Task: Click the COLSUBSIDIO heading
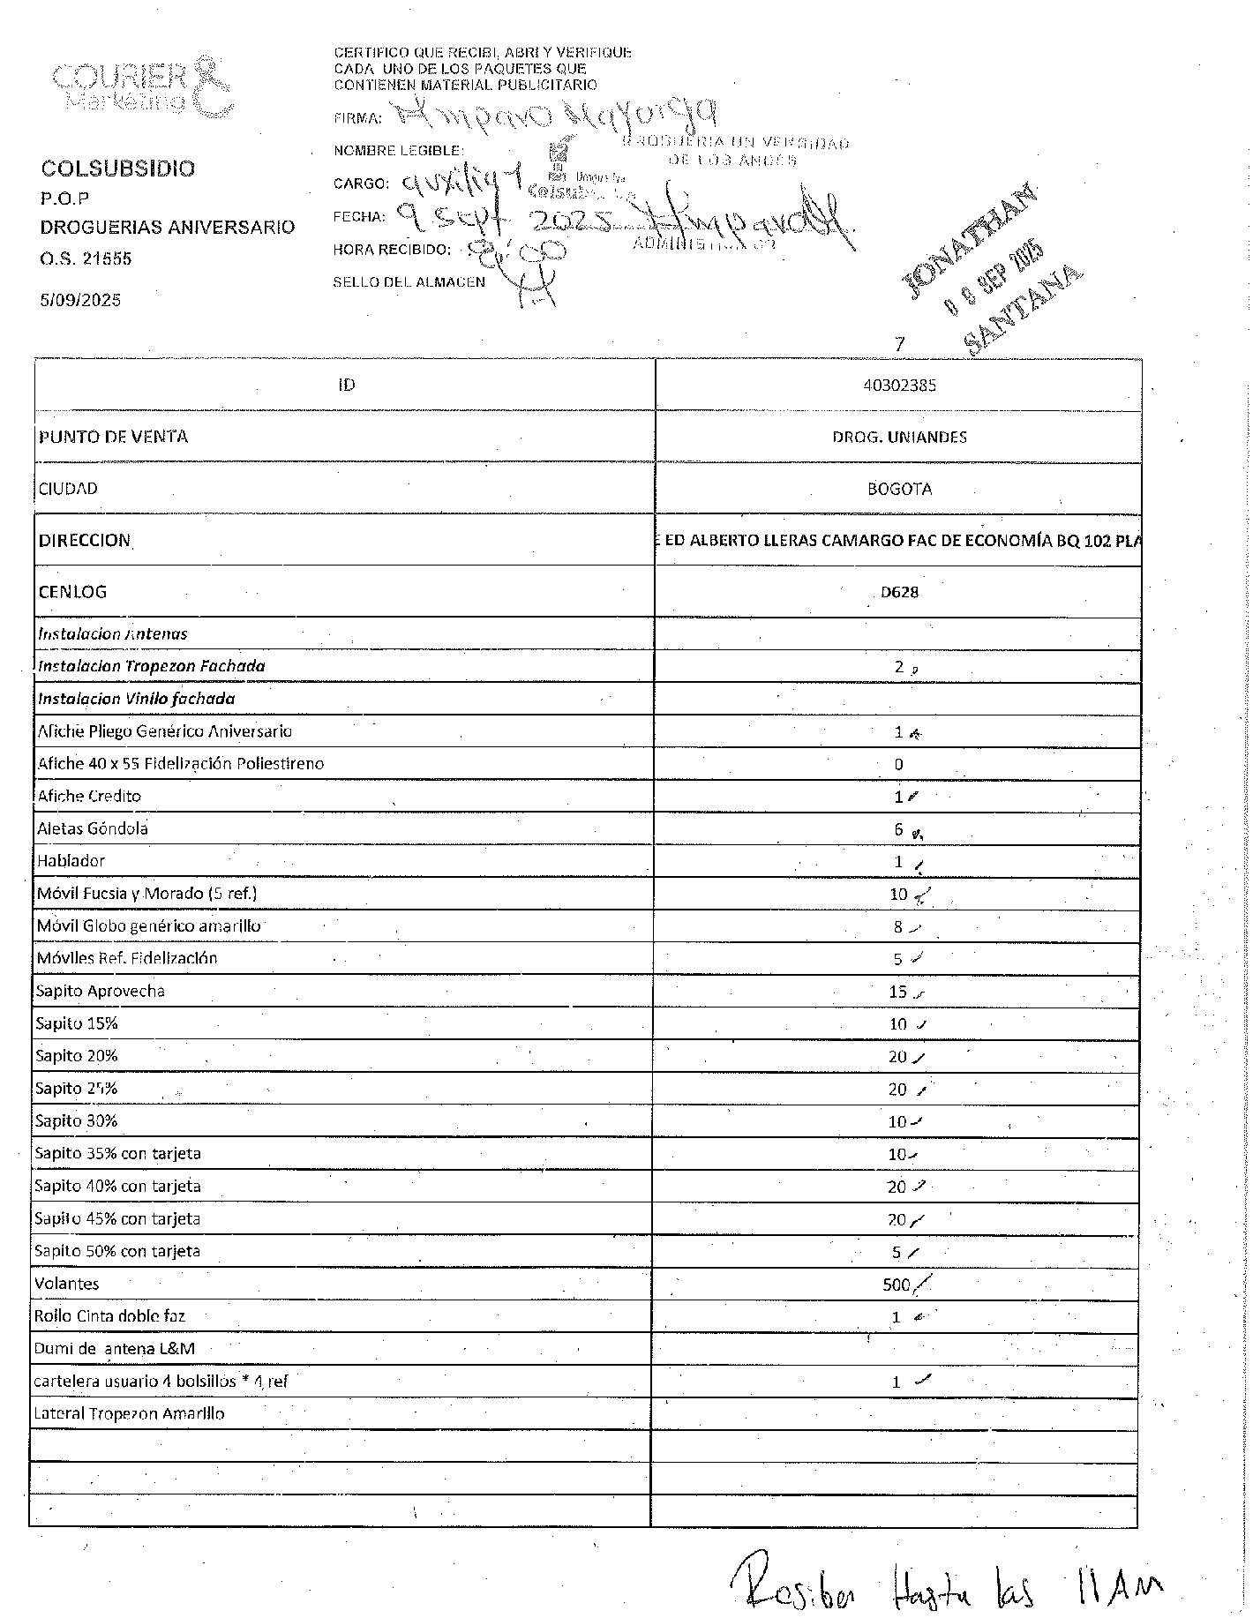click(x=117, y=169)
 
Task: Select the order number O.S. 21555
click(x=86, y=258)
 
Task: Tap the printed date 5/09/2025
click(x=80, y=300)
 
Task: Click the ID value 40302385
click(x=899, y=386)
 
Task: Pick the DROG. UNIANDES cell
click(x=899, y=437)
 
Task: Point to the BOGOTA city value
click(x=899, y=489)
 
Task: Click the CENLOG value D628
click(x=899, y=592)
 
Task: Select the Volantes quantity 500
click(x=896, y=1285)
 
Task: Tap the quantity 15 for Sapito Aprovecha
click(x=897, y=992)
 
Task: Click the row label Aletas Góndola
click(x=93, y=828)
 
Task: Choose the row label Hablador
click(x=71, y=861)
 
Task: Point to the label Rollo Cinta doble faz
click(x=109, y=1316)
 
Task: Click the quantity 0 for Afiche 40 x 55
click(x=898, y=765)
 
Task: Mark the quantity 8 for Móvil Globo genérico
click(x=898, y=927)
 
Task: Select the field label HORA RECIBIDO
click(x=391, y=250)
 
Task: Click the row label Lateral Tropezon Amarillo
click(x=129, y=1414)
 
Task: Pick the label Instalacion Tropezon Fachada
click(x=151, y=666)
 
